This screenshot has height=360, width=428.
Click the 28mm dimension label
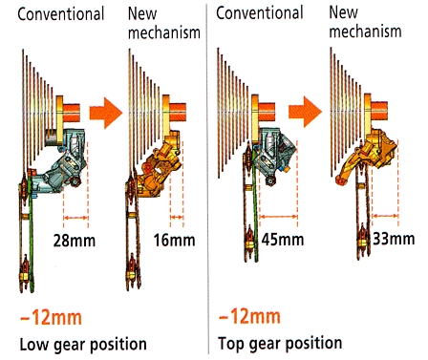(75, 241)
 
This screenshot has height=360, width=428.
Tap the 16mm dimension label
(174, 240)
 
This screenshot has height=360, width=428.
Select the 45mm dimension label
(283, 239)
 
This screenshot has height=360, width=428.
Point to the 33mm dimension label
(394, 239)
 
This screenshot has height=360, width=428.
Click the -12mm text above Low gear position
(51, 317)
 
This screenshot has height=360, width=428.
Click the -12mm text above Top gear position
(249, 316)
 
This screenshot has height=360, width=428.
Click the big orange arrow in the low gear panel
(106, 113)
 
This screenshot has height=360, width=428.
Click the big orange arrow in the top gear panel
(305, 112)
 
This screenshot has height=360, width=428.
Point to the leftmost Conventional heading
(61, 14)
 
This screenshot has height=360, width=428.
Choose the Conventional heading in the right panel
(260, 13)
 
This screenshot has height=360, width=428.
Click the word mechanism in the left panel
(164, 32)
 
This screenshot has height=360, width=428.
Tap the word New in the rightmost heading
(343, 12)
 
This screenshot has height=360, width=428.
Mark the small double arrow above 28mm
(75, 218)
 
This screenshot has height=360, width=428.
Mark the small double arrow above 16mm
(177, 218)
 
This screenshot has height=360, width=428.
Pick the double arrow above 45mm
(279, 217)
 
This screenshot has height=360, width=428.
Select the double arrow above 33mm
(385, 216)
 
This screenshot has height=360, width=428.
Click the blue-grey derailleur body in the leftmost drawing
(64, 162)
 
